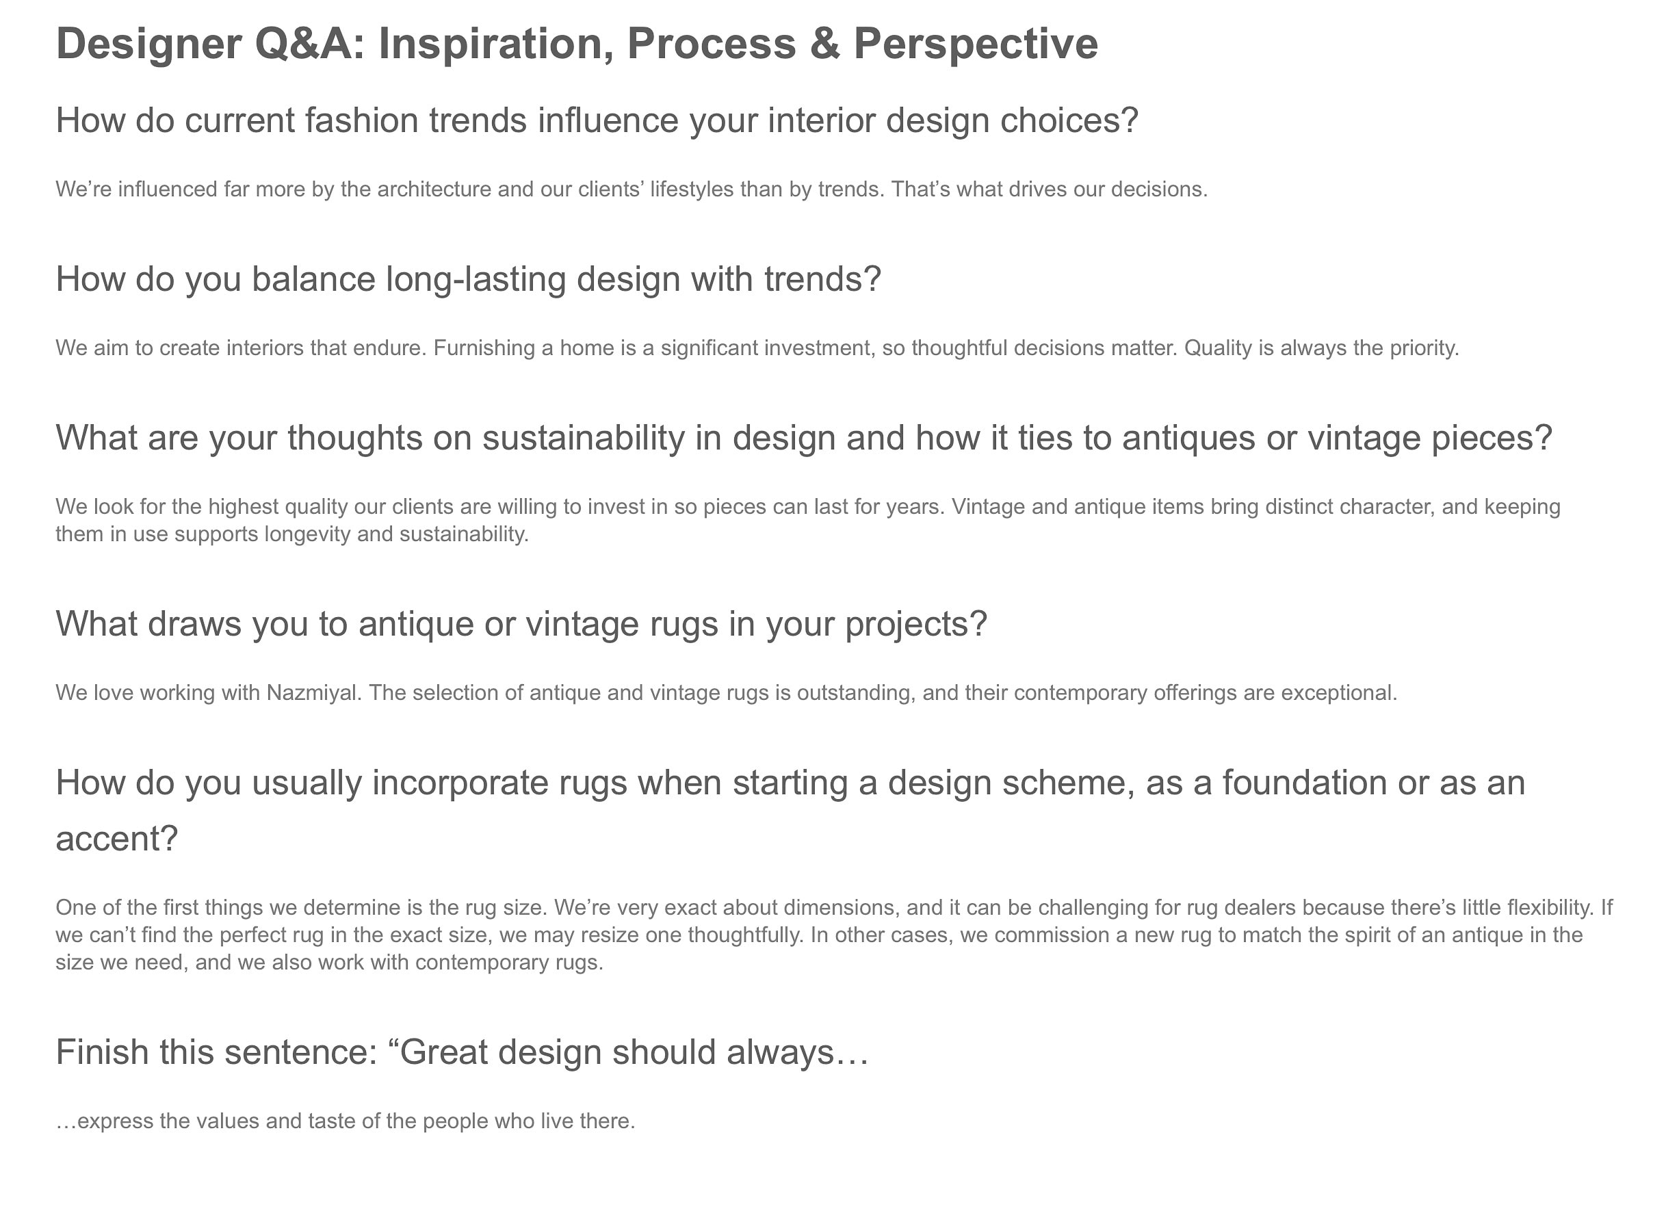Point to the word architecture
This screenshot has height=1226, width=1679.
[x=434, y=190]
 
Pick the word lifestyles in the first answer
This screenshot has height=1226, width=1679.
[x=692, y=190]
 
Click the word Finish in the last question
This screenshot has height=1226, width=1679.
[x=103, y=1052]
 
